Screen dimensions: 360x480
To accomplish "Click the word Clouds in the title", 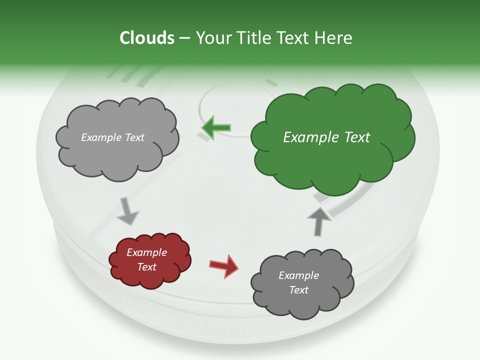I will (x=147, y=38).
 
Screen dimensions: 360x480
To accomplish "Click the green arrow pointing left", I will (x=216, y=128).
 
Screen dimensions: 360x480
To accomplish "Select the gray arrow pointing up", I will (x=319, y=220).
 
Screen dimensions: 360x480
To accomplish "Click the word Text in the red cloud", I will (x=147, y=267).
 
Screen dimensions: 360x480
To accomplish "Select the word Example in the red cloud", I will (x=147, y=252).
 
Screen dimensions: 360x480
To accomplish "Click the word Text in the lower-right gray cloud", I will (x=299, y=290).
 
